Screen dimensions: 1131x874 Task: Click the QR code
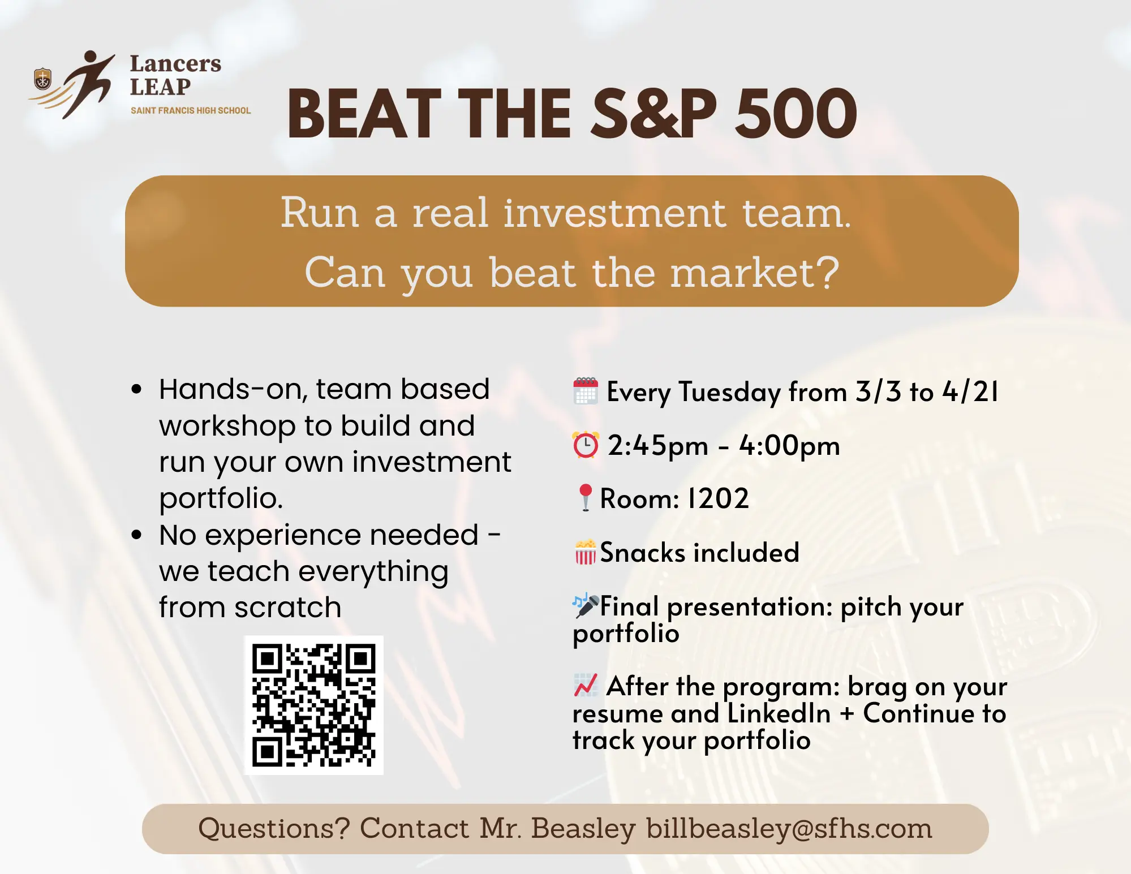click(313, 705)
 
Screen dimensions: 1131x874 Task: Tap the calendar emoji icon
click(586, 391)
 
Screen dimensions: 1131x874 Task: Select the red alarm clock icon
click(586, 445)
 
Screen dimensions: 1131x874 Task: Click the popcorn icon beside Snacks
click(586, 552)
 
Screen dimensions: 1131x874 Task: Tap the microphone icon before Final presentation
click(586, 605)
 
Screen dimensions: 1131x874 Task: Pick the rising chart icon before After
click(586, 685)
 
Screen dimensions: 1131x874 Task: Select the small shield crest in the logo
click(42, 79)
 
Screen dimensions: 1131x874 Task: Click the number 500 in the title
click(795, 114)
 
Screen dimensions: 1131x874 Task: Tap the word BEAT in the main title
click(364, 114)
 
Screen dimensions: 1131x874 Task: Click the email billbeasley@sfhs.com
click(789, 829)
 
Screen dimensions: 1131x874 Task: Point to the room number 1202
click(718, 498)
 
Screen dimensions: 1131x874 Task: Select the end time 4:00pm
click(790, 446)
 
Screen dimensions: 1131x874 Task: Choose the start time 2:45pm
click(658, 446)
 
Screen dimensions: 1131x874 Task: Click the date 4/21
click(971, 391)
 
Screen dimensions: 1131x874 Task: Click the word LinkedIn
click(779, 713)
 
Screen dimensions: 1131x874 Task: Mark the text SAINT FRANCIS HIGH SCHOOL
click(191, 110)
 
